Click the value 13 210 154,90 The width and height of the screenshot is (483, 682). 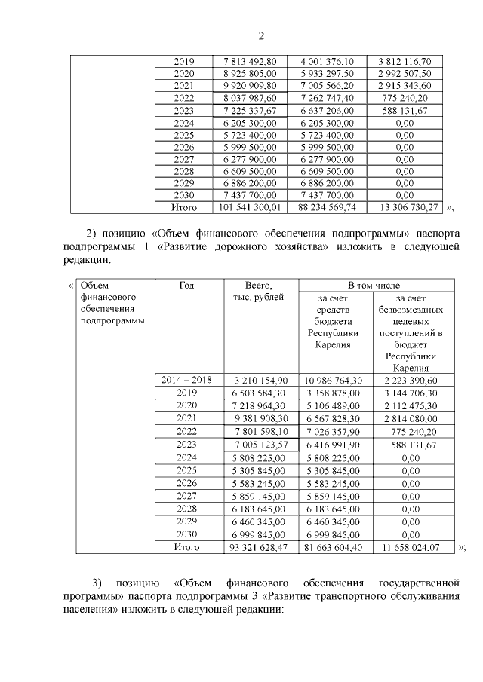(x=261, y=381)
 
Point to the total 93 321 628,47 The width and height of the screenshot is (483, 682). (x=261, y=546)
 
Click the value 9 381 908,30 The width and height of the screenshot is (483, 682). (x=261, y=417)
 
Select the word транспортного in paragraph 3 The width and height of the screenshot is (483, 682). (x=322, y=595)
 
